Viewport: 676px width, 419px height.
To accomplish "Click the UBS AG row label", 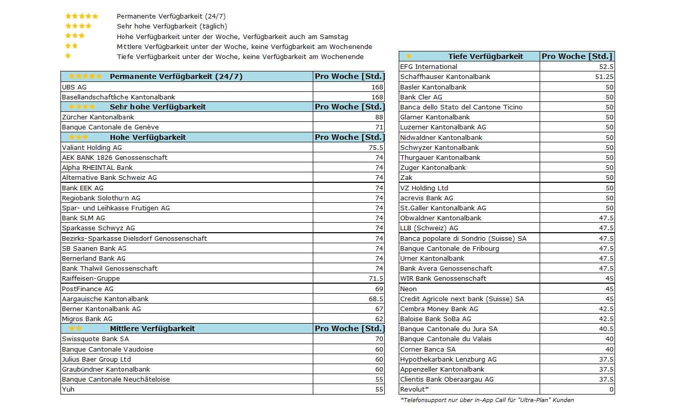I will click(74, 87).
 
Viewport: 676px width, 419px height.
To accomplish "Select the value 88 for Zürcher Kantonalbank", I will click(379, 117).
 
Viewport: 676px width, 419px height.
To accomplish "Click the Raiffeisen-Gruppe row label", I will click(90, 278).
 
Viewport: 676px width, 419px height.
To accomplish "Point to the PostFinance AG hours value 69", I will click(379, 289).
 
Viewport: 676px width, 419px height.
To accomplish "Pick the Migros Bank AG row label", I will click(87, 319).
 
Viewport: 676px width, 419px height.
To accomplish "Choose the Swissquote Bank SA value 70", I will click(379, 339).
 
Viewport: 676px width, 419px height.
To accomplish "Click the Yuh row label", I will click(68, 389).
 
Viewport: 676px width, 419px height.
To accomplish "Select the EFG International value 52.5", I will click(606, 66).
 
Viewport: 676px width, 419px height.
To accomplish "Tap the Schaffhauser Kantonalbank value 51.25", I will click(605, 76).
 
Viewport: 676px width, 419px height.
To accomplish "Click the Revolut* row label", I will click(414, 389).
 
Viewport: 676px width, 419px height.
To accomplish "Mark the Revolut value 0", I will click(612, 389).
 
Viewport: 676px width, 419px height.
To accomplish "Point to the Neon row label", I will click(408, 289).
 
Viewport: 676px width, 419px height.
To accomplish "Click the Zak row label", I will click(406, 177).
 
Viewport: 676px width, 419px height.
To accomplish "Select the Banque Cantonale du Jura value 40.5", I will click(606, 329).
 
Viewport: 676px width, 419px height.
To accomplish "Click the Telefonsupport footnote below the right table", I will click(487, 400).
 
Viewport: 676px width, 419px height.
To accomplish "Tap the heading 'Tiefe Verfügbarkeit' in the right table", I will click(485, 56).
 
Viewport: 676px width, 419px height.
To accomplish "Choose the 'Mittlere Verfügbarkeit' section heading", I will click(152, 329).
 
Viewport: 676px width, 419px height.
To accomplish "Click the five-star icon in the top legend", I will click(81, 16).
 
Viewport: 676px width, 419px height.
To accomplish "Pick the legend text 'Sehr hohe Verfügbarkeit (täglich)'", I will click(172, 26).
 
